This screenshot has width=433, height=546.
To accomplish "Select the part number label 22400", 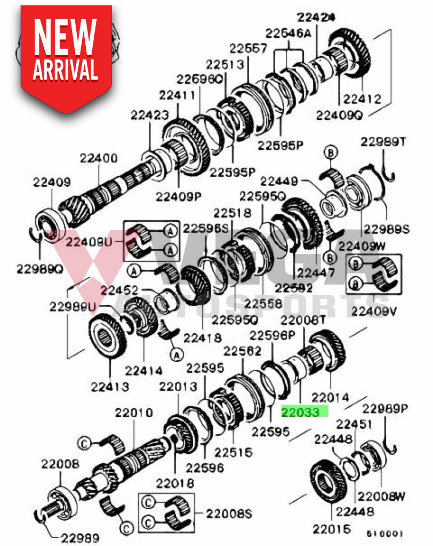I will tap(99, 158).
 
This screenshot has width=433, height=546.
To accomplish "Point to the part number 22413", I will tap(109, 386).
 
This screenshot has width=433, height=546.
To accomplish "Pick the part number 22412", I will tap(362, 98).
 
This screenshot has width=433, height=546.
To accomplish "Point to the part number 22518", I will tap(232, 213).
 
